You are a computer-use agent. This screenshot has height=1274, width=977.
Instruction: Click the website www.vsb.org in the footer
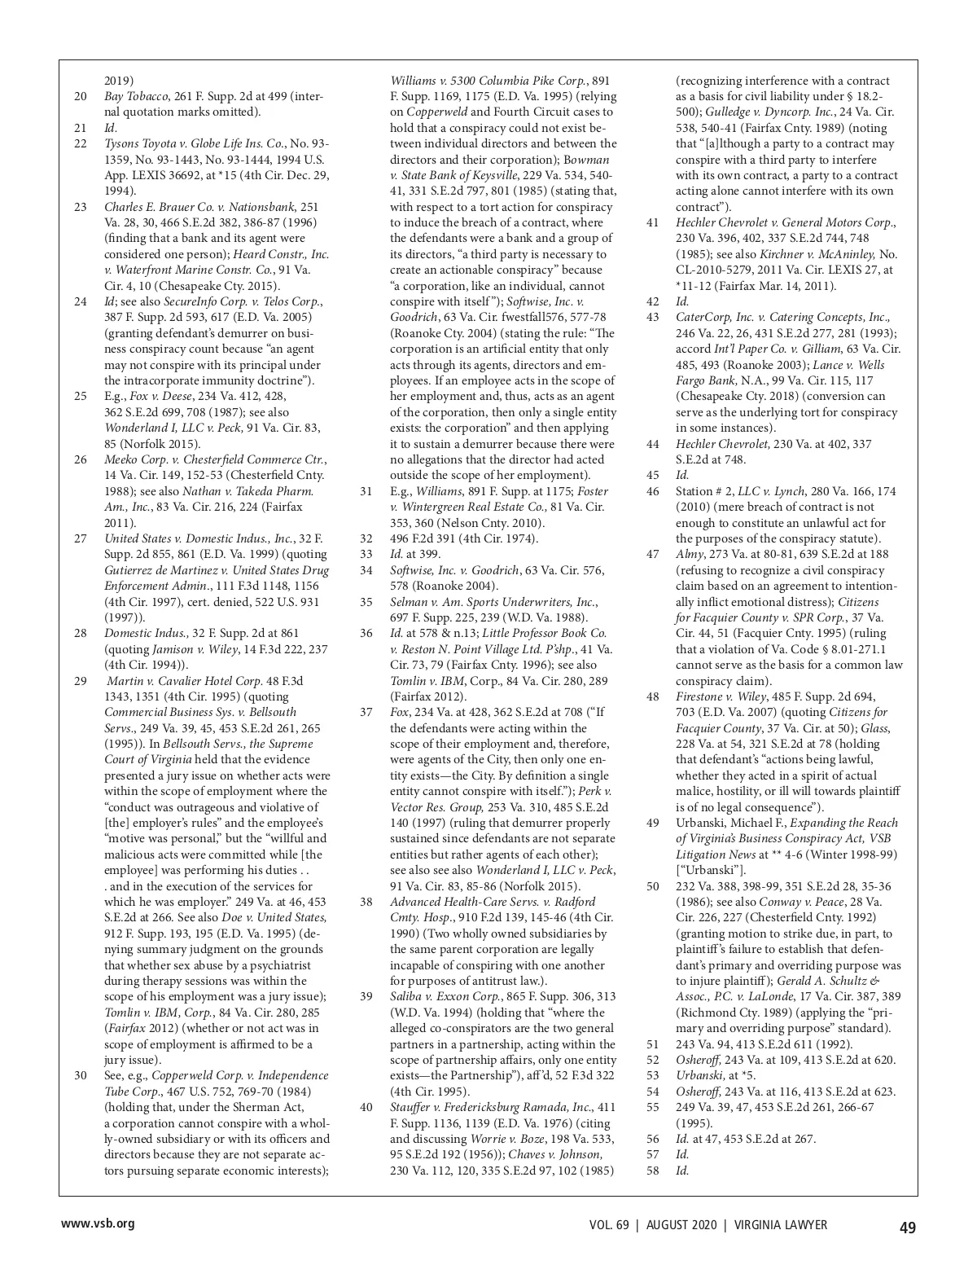tap(98, 1224)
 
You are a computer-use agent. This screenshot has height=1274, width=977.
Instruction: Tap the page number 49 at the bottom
tap(907, 1227)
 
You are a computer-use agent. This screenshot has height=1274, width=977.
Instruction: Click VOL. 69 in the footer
tap(609, 1225)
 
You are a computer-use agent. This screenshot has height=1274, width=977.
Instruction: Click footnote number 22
tap(81, 143)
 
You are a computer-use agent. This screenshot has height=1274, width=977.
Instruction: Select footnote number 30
tap(81, 1075)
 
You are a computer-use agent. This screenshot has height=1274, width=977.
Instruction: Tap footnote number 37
tap(366, 712)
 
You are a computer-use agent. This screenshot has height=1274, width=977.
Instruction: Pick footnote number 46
tap(652, 491)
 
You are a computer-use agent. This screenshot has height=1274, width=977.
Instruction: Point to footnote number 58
tap(652, 1171)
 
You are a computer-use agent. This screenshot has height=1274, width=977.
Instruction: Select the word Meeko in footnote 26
tap(120, 459)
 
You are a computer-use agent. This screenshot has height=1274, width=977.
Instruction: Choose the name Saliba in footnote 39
tap(406, 996)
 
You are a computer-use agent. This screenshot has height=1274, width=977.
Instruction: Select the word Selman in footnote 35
tap(408, 602)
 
